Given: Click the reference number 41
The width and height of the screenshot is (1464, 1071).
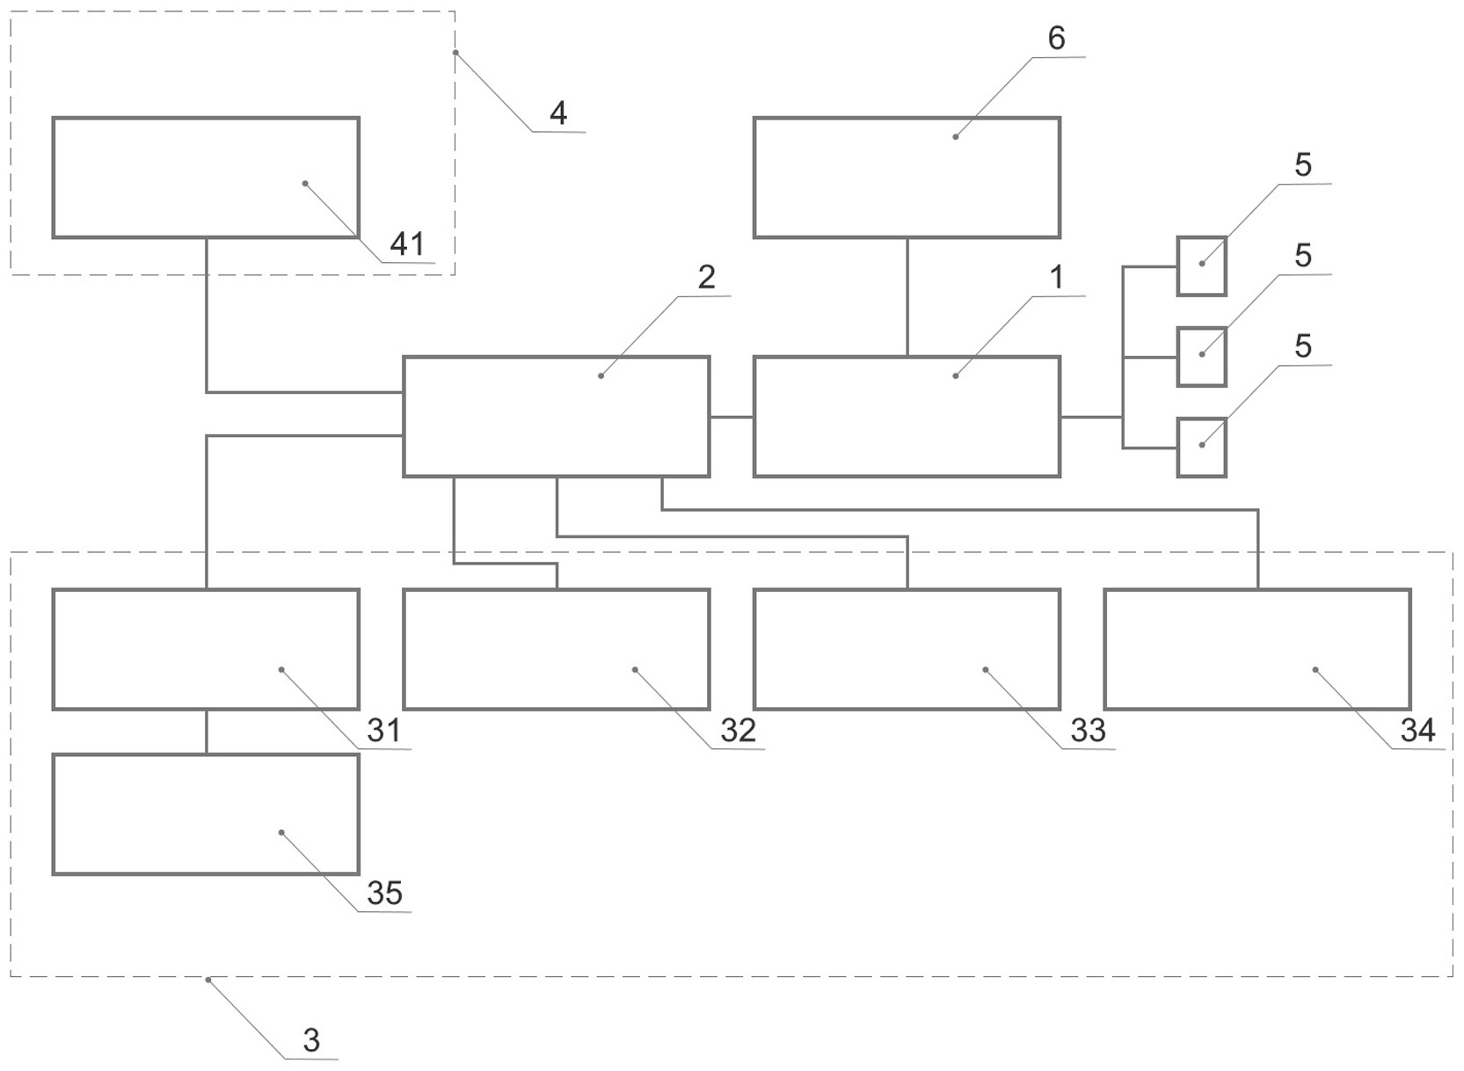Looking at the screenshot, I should tap(406, 244).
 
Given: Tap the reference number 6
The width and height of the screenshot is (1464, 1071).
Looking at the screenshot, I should tap(1056, 39).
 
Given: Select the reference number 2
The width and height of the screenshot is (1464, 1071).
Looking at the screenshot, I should tap(706, 278).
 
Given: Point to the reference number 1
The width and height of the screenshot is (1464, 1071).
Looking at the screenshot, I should tap(1056, 278).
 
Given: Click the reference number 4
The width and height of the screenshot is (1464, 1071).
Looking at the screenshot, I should tap(557, 113).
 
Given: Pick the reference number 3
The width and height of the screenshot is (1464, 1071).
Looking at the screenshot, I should tap(310, 1040).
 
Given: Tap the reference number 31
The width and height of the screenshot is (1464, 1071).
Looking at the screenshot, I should tap(383, 730).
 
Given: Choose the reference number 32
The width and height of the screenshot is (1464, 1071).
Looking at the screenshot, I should tap(738, 730).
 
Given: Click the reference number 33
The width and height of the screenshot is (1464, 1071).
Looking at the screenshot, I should tap(1088, 730).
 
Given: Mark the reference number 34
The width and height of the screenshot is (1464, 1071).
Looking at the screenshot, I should tap(1417, 730).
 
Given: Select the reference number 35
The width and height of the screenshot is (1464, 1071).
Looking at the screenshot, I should tap(384, 893).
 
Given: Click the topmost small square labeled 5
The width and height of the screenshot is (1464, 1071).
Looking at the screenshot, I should tap(1201, 266).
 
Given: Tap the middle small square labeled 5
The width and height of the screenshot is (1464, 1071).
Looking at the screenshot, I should tap(1201, 356).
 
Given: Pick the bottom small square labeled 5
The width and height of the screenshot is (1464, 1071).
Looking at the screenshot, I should tap(1201, 447).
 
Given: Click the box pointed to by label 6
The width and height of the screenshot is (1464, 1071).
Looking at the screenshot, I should tap(907, 178).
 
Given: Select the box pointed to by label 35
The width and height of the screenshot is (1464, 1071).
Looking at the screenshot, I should tap(206, 814).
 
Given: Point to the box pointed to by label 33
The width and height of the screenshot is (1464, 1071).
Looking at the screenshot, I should tap(907, 649).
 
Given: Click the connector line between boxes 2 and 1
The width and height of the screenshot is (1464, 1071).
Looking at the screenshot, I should tap(732, 417).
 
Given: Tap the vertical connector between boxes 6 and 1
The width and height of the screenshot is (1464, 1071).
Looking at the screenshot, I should tap(907, 297).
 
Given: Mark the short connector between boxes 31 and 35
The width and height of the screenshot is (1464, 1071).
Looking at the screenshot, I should tap(207, 732).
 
